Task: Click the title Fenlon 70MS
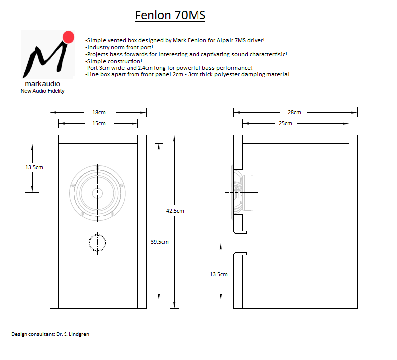tap(170, 15)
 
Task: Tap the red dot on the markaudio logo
tap(68, 37)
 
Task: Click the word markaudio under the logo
tap(43, 84)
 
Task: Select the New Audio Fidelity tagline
tap(43, 91)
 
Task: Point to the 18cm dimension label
tap(99, 112)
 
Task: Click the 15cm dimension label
tap(99, 123)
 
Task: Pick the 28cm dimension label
tap(294, 112)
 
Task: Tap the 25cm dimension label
tap(285, 123)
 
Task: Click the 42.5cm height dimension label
tap(175, 211)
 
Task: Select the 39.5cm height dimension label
tap(159, 242)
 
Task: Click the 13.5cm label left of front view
tap(34, 167)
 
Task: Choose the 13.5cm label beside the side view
tap(219, 274)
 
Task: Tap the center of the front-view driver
tap(97, 193)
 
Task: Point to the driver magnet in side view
tap(248, 193)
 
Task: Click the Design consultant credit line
tap(51, 334)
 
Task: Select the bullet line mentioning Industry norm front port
tap(119, 47)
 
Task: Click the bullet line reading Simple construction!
tap(114, 61)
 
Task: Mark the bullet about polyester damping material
tap(188, 74)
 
